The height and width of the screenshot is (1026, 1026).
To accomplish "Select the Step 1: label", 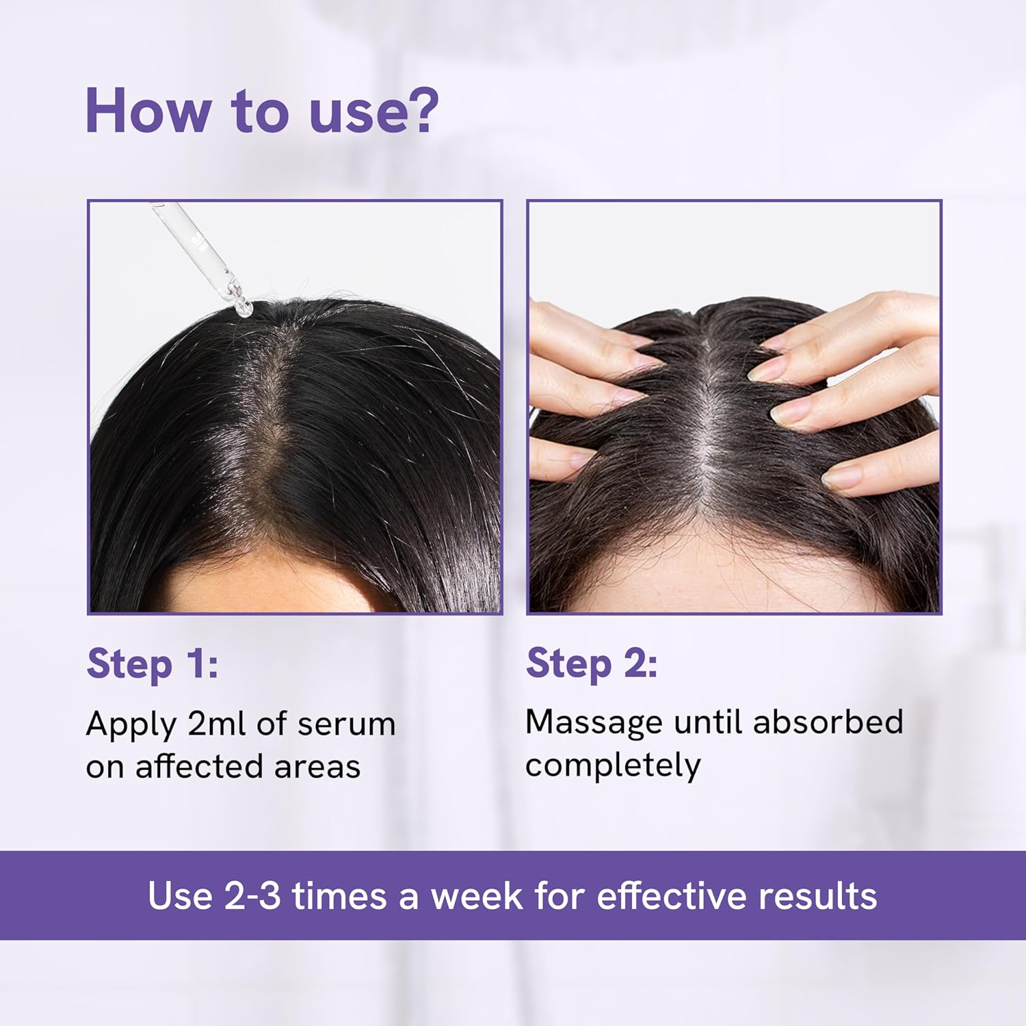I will point(153,663).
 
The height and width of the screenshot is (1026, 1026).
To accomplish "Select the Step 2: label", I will point(592,663).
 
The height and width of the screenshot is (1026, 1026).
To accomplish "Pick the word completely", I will point(613,766).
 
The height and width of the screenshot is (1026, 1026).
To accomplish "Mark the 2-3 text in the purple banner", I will point(252,895).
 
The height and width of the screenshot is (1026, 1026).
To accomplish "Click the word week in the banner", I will point(477,895).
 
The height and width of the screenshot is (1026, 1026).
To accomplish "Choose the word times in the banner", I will point(339,895).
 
